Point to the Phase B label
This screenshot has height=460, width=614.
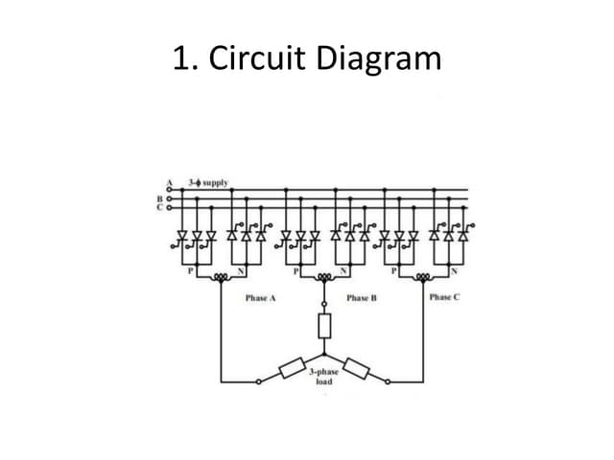361,298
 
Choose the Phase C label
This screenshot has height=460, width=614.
444,297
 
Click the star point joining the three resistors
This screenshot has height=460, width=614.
323,356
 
